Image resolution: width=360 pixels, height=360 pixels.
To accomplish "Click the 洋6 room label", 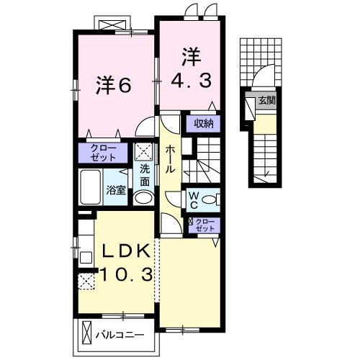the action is [114, 85].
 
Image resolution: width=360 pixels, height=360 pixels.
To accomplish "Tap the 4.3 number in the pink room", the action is [192, 81].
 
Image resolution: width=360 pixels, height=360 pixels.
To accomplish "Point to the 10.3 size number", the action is [126, 274].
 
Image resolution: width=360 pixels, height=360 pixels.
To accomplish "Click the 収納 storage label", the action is [204, 124].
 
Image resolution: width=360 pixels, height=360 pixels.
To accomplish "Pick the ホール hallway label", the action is [170, 159].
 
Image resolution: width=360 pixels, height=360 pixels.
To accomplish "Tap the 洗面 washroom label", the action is [145, 176].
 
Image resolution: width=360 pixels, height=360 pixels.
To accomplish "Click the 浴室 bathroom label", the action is [116, 191].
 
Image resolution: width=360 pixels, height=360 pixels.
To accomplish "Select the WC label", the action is [194, 200].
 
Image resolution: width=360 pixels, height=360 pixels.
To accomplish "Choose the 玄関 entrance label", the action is [266, 100].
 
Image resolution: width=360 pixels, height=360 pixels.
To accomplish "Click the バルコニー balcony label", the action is [120, 335].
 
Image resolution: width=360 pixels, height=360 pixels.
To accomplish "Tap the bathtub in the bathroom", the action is [91, 187].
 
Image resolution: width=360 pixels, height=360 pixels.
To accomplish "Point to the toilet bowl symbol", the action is [210, 199].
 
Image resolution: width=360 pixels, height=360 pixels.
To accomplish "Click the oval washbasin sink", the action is [143, 198].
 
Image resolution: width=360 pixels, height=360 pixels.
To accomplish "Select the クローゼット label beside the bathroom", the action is [104, 153].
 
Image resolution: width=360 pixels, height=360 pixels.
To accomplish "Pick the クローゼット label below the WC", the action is [204, 225].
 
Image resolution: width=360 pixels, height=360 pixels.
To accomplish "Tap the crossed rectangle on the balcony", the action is [87, 333].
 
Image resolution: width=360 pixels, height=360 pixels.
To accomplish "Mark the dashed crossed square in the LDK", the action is [86, 282].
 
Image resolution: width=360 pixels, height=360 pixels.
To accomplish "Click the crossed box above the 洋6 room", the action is [112, 25].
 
